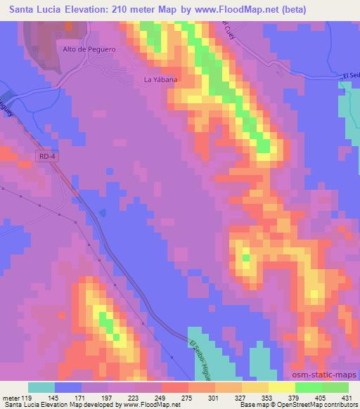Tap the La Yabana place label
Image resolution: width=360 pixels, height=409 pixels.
pyautogui.click(x=160, y=79)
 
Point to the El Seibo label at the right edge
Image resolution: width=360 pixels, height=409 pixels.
pyautogui.click(x=351, y=75)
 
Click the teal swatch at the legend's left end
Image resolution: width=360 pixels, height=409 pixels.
pyautogui.click(x=41, y=387)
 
